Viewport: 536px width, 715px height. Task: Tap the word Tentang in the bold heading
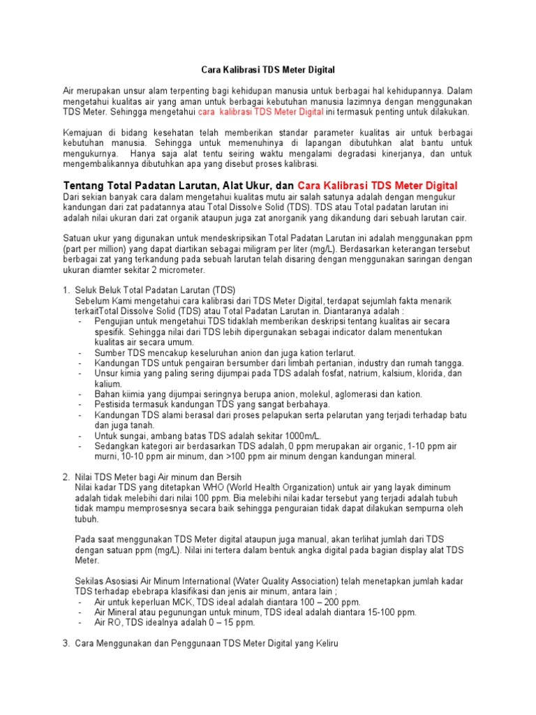tap(84, 186)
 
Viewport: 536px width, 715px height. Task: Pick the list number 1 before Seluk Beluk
tap(66, 290)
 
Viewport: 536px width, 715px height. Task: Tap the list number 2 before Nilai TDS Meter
tap(66, 476)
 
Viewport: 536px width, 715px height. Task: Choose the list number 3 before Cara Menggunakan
tap(66, 643)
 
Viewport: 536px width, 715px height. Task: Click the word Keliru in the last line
tap(324, 643)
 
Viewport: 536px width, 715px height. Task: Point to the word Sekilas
tap(89, 582)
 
